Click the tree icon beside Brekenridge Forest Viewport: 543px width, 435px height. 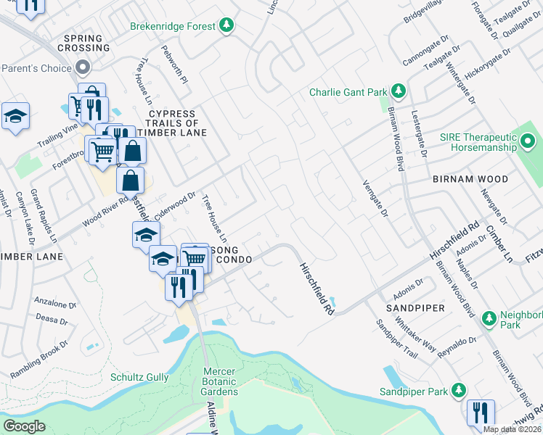[227, 26]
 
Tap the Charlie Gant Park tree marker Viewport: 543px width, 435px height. [398, 92]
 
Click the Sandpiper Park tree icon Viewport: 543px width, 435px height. [458, 391]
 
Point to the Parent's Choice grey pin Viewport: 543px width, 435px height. [83, 69]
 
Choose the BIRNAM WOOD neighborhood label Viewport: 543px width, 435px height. [466, 178]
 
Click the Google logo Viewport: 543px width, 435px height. [24, 426]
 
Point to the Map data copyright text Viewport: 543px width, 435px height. [512, 429]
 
